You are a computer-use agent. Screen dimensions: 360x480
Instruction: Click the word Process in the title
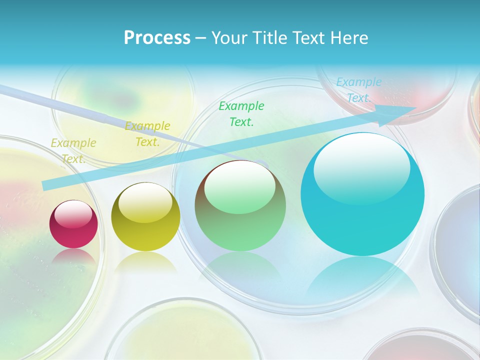point(157,37)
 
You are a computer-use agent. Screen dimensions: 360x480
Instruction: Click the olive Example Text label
point(73,151)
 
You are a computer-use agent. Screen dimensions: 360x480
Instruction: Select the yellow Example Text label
point(147,133)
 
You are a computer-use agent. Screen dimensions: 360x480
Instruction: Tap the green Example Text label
point(241,113)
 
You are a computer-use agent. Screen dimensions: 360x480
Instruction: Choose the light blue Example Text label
point(358,90)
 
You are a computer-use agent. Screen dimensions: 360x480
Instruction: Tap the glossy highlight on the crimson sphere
point(73,214)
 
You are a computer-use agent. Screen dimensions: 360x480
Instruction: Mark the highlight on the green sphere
point(240,186)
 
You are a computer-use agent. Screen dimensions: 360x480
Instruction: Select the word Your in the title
point(227,37)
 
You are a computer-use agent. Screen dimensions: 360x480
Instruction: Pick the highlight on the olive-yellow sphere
point(145,202)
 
